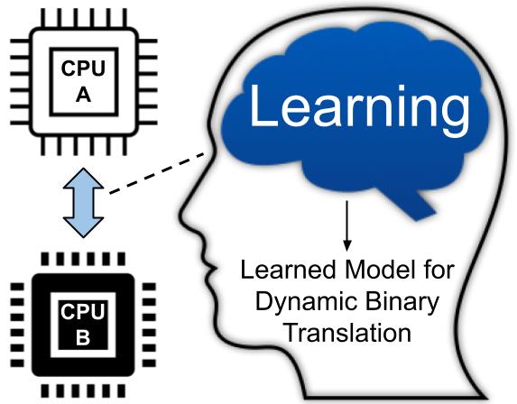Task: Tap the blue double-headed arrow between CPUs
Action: point(83,203)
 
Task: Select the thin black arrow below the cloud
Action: point(346,225)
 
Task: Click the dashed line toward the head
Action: point(157,173)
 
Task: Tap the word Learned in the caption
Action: point(288,270)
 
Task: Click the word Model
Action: point(380,270)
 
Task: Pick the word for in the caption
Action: point(439,270)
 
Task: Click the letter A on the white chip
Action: point(83,96)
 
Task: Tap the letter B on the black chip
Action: point(83,338)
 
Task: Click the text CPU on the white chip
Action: point(83,69)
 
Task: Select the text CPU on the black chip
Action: point(82,311)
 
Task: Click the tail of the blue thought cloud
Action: point(408,205)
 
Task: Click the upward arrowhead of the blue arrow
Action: point(83,179)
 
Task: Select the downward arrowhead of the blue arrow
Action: point(83,227)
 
